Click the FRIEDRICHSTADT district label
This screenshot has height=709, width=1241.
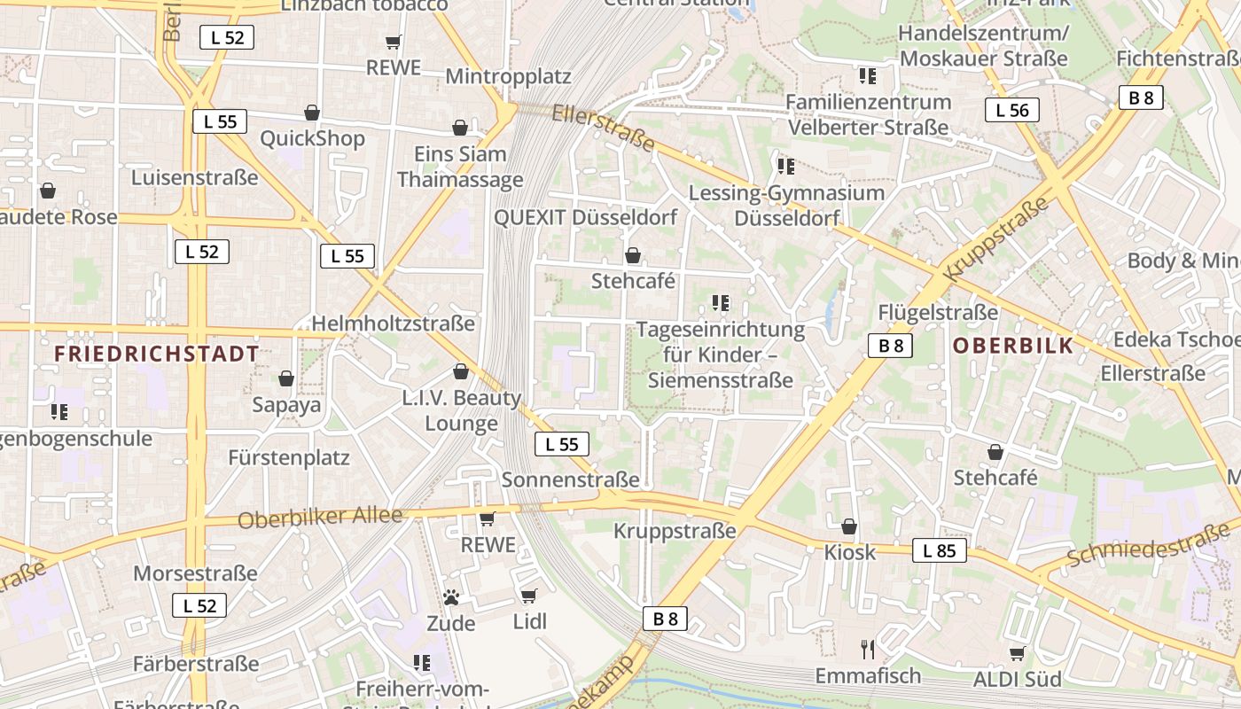[x=156, y=354]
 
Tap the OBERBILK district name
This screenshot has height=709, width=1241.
[x=1013, y=346]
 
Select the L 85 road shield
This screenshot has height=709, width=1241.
[x=939, y=550]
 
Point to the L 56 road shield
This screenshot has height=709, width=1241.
[x=1011, y=110]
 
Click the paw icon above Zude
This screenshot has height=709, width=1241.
[x=451, y=597]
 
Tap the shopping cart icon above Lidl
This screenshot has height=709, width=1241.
[x=529, y=596]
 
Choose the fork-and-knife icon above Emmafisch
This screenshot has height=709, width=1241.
[x=868, y=649]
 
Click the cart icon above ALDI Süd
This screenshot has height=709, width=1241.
[x=1017, y=653]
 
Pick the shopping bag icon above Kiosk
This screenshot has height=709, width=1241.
[x=849, y=526]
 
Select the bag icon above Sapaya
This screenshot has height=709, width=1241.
[x=286, y=378]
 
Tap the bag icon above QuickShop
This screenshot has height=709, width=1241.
[x=312, y=113]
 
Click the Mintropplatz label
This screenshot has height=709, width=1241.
[x=508, y=76]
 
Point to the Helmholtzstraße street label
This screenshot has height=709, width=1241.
[x=393, y=323]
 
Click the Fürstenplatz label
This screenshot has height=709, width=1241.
[x=289, y=458]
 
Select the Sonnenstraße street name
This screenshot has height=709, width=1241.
[x=570, y=479]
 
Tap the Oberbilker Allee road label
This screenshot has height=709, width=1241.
[x=320, y=518]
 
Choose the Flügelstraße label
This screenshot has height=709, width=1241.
[x=938, y=312]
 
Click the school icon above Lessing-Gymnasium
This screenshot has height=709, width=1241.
[x=785, y=166]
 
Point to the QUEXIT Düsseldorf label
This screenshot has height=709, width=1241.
[x=585, y=217]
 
